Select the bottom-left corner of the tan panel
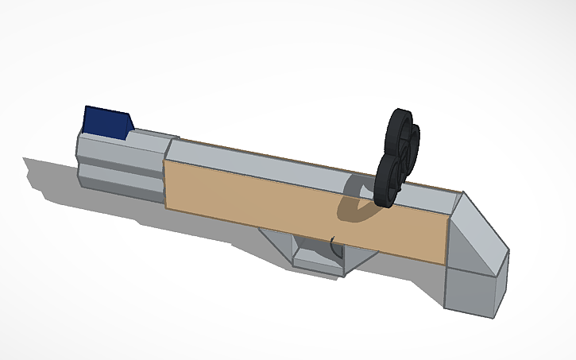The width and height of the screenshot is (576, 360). pyautogui.click(x=165, y=207)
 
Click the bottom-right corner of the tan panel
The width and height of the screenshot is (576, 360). pyautogui.click(x=443, y=264)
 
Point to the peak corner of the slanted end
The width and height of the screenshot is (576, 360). pyautogui.click(x=462, y=193)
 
